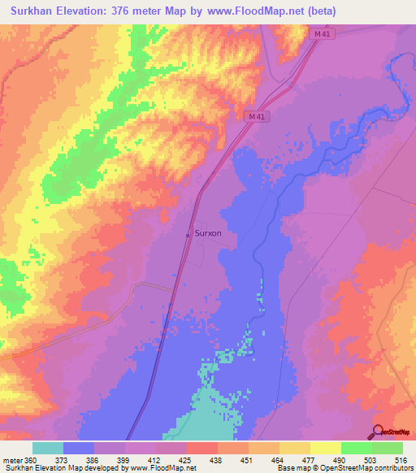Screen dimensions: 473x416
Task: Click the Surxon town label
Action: click(209, 232)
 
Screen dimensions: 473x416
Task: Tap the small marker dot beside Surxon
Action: click(188, 235)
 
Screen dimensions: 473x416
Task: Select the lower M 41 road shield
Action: click(257, 117)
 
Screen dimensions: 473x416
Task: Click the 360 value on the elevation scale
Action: click(32, 459)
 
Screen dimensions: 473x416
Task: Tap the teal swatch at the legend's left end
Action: click(48, 448)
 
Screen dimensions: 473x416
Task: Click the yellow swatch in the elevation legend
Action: click(326, 448)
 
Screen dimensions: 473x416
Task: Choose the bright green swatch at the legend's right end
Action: click(388, 448)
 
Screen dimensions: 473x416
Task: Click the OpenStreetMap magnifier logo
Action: click(377, 432)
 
